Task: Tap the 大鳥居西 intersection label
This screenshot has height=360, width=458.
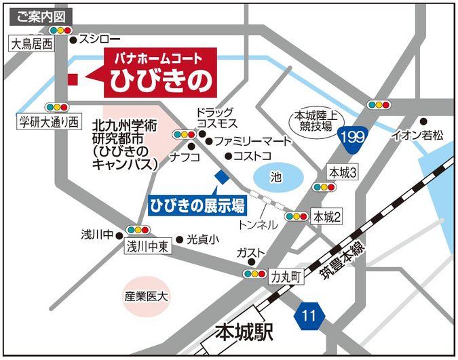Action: tap(31, 45)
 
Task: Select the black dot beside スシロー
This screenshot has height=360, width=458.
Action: tap(73, 39)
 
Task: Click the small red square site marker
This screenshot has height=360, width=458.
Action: tap(73, 79)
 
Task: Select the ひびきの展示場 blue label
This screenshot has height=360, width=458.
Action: tap(197, 203)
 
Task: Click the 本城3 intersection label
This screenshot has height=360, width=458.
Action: tap(343, 172)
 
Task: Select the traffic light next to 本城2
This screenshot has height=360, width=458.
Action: tap(297, 216)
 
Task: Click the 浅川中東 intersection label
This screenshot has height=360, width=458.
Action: tap(148, 247)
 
